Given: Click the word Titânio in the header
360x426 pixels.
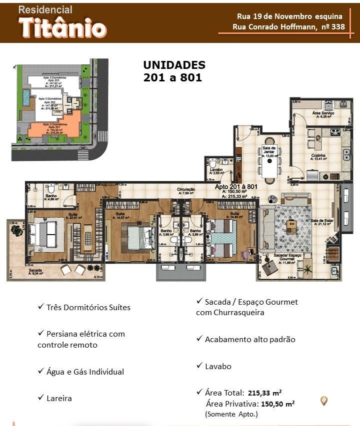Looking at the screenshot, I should [x=62, y=27].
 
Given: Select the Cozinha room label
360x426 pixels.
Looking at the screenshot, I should [x=318, y=156].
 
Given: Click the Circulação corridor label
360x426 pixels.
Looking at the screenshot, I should [x=185, y=190].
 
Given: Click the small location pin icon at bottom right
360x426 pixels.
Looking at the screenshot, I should [x=324, y=400].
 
